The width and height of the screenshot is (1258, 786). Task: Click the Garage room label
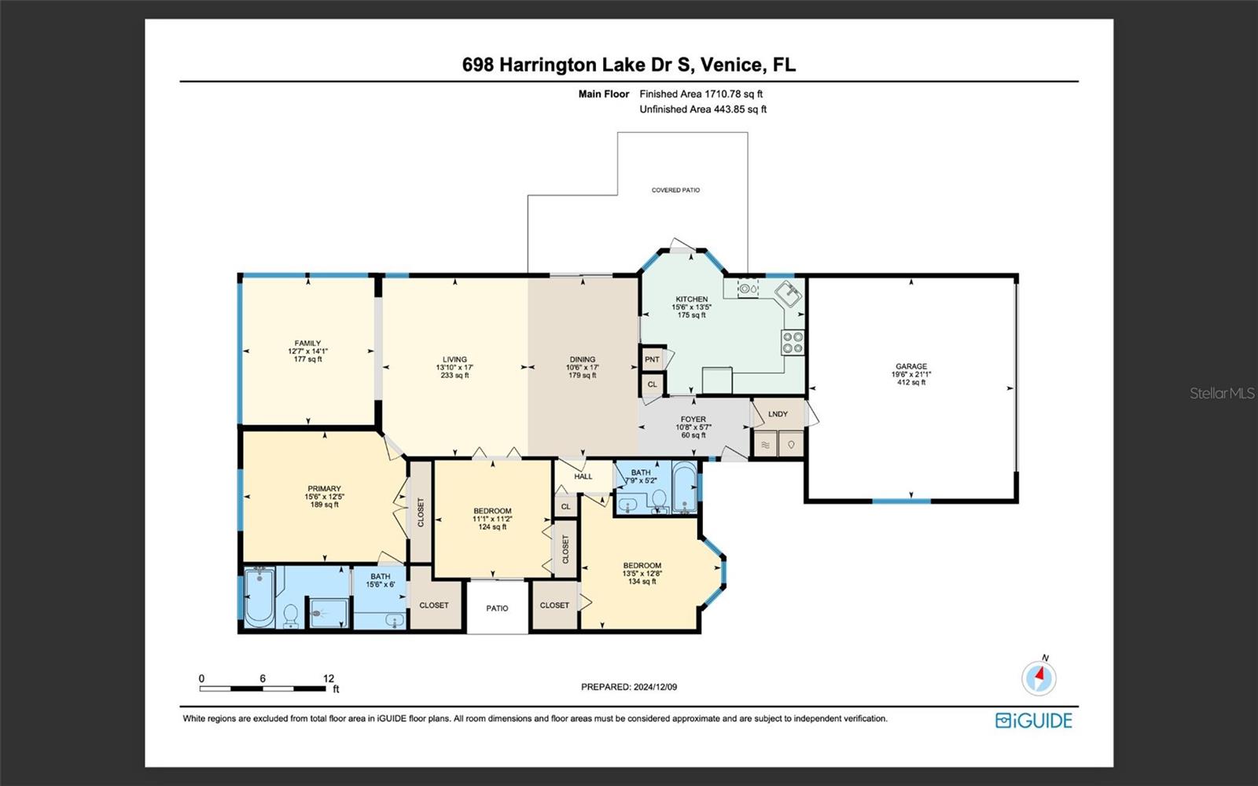coord(911,366)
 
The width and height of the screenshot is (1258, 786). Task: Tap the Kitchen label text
coord(691,299)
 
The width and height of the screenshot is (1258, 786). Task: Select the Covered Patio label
coord(675,190)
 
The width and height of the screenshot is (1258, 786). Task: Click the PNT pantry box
coord(652,359)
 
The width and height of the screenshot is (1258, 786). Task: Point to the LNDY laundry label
coord(778,413)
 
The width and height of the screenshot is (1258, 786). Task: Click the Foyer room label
coord(693,419)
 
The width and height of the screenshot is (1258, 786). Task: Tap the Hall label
coord(583,476)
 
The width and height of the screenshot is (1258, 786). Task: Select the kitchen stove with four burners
coord(793,342)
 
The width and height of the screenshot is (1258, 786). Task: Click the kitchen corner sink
coord(789,294)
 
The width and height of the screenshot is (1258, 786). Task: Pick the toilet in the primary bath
coord(291,615)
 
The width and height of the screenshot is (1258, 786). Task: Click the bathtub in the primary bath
coord(259,597)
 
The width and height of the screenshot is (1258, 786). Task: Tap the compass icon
coord(1039,677)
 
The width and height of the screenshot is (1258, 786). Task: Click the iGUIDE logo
coord(1033,720)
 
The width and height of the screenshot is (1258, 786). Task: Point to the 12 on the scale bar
coord(329,678)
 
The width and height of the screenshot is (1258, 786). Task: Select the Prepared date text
coord(629,687)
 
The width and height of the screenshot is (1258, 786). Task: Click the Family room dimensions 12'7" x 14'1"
coord(307,351)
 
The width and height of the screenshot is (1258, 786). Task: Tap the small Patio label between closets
coord(497,608)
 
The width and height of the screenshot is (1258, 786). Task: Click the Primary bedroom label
coord(324,488)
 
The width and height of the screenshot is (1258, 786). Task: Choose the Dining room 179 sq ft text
coord(582,375)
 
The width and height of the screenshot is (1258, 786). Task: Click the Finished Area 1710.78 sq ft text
coord(701,94)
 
